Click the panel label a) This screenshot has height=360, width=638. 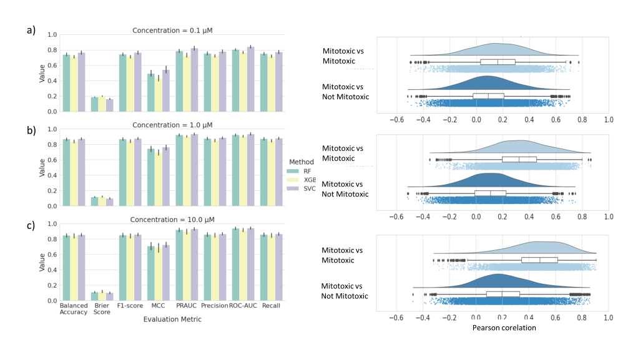[x=29, y=30]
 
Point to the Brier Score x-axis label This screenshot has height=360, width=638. [x=102, y=309]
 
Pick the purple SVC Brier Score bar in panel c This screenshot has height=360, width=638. [x=110, y=297]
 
